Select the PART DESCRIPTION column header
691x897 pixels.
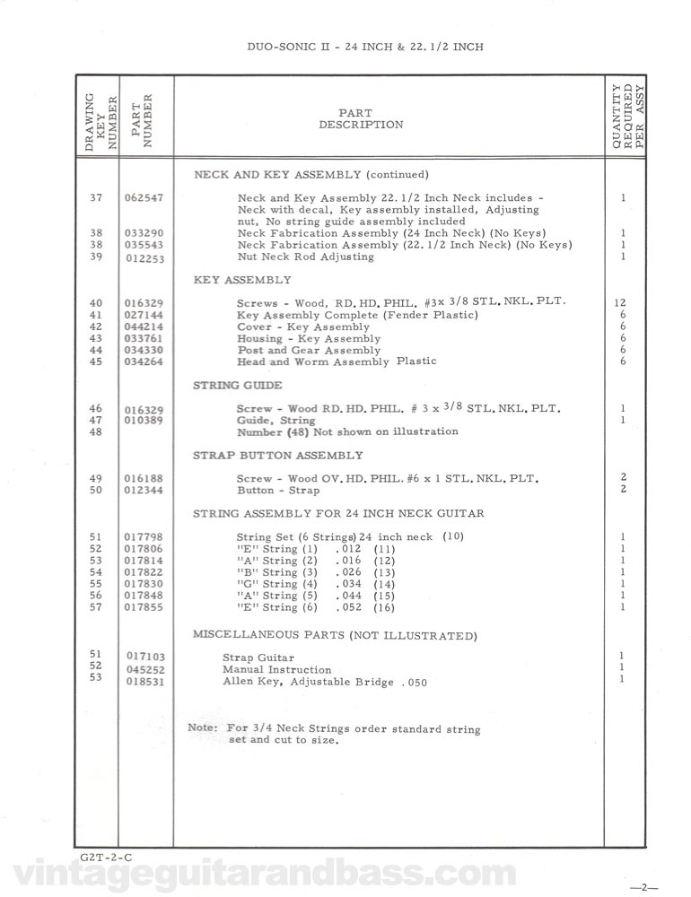361,118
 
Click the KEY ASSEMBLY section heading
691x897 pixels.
242,280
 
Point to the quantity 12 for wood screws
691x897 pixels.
622,302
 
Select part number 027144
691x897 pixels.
144,316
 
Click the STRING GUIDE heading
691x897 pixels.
237,385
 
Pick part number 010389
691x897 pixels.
144,421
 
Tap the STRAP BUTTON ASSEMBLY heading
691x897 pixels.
278,455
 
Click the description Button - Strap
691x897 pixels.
278,491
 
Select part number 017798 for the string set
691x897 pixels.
144,537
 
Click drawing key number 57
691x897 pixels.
97,607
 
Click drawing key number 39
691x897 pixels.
97,257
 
